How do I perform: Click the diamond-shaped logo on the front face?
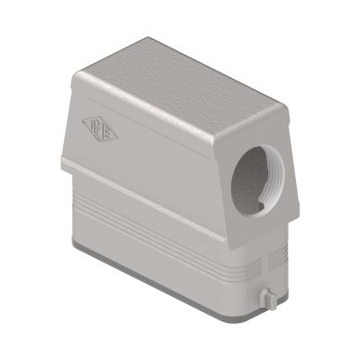pyautogui.click(x=99, y=129)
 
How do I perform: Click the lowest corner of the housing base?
pyautogui.click(x=220, y=315)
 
